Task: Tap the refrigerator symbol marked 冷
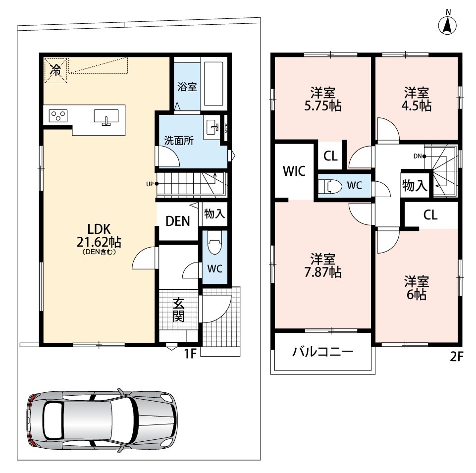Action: (55, 70)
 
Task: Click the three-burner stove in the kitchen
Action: (58, 116)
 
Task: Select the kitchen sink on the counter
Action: (106, 117)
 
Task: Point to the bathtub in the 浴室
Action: (214, 84)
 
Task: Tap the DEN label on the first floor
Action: (178, 221)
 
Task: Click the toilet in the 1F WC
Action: (214, 244)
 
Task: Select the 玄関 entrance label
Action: (178, 310)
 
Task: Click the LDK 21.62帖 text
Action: (99, 235)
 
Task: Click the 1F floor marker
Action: (191, 353)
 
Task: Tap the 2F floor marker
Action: (456, 357)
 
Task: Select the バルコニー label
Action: (323, 352)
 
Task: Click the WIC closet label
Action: (294, 171)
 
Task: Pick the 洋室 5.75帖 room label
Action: (322, 99)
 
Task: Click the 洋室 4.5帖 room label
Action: (416, 99)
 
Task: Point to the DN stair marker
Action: (420, 157)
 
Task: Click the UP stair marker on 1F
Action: (152, 184)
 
